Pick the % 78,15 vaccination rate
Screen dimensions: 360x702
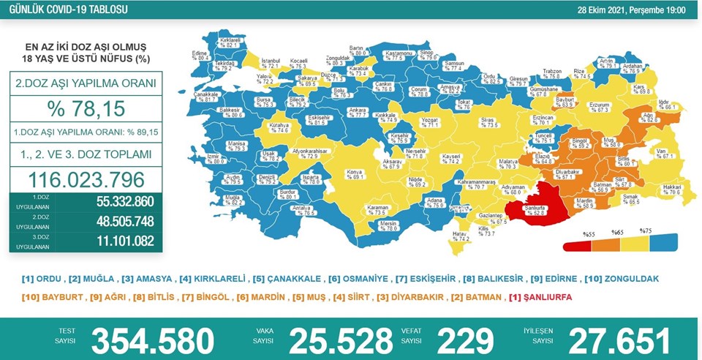(86, 109)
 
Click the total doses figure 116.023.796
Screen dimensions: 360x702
(86, 179)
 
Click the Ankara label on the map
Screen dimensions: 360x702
(336, 112)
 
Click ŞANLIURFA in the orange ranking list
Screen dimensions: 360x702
(542, 297)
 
